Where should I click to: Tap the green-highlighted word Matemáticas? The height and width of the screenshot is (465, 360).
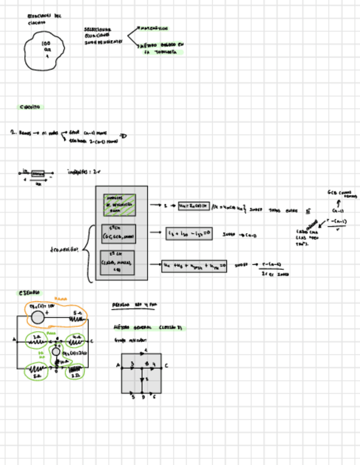[x=154, y=29]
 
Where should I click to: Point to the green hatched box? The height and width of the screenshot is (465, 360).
[x=119, y=205]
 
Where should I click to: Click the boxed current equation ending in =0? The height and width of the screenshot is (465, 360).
[x=189, y=234]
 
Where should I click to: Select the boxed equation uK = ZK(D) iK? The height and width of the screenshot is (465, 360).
[x=194, y=206]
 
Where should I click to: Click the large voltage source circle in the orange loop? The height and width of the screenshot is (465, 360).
[x=37, y=317]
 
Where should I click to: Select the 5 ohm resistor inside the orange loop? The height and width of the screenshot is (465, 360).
[x=77, y=317]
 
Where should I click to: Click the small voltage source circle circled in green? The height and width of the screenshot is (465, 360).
[x=55, y=351]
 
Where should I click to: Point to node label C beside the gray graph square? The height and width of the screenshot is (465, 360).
[x=166, y=365]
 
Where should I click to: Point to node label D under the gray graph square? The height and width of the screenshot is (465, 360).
[x=143, y=398]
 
